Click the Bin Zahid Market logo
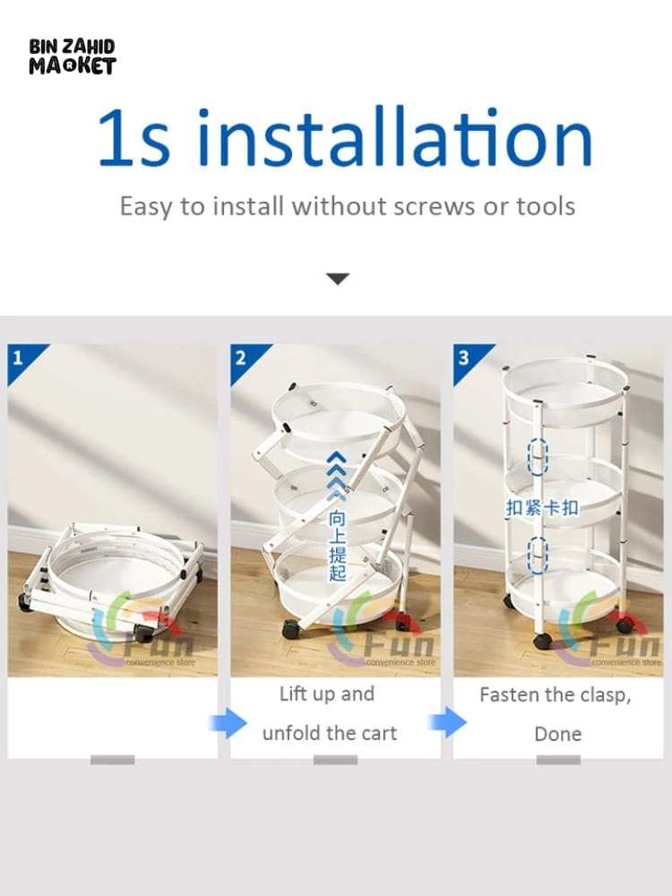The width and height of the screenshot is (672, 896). pyautogui.click(x=72, y=56)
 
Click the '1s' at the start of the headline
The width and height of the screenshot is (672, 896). pyautogui.click(x=134, y=137)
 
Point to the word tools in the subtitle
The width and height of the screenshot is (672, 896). pyautogui.click(x=546, y=206)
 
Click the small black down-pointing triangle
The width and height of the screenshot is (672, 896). pyautogui.click(x=337, y=279)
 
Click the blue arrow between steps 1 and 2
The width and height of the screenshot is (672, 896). pyautogui.click(x=228, y=723)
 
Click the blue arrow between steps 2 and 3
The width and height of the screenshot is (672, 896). pyautogui.click(x=448, y=722)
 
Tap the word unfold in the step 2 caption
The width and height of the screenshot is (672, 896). pyautogui.click(x=291, y=733)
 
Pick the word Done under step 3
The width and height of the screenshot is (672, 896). pyautogui.click(x=557, y=734)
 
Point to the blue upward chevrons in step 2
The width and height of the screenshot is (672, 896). pyautogui.click(x=337, y=476)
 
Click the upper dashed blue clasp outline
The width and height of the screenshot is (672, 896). pyautogui.click(x=537, y=457)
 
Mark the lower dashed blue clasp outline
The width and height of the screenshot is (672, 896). pyautogui.click(x=537, y=556)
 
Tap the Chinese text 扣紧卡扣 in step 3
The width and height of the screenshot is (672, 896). pyautogui.click(x=542, y=507)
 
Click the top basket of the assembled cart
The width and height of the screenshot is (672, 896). pyautogui.click(x=565, y=389)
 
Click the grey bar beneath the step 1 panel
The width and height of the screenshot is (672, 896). pyautogui.click(x=113, y=760)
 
